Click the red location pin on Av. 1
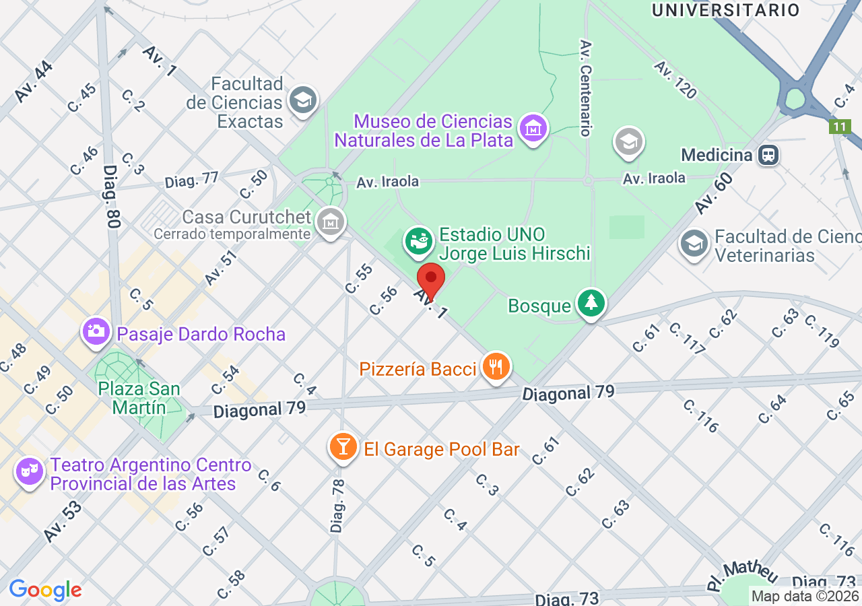pyautogui.click(x=431, y=278)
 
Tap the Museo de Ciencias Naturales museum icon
pyautogui.click(x=533, y=127)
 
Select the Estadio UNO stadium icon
pyautogui.click(x=418, y=240)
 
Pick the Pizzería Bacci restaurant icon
pyautogui.click(x=496, y=367)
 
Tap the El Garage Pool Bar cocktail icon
pyautogui.click(x=343, y=447)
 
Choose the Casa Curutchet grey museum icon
pyautogui.click(x=330, y=221)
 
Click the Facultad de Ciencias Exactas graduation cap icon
pyautogui.click(x=302, y=101)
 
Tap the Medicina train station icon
pyautogui.click(x=767, y=156)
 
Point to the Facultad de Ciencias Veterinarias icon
pyautogui.click(x=694, y=244)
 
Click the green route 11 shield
pyautogui.click(x=839, y=126)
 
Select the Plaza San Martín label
pyautogui.click(x=139, y=398)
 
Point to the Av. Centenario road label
pyautogui.click(x=585, y=88)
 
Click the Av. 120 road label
pyautogui.click(x=675, y=80)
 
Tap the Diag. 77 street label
pyautogui.click(x=192, y=180)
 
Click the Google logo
pyautogui.click(x=45, y=591)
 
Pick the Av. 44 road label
pyautogui.click(x=33, y=82)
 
